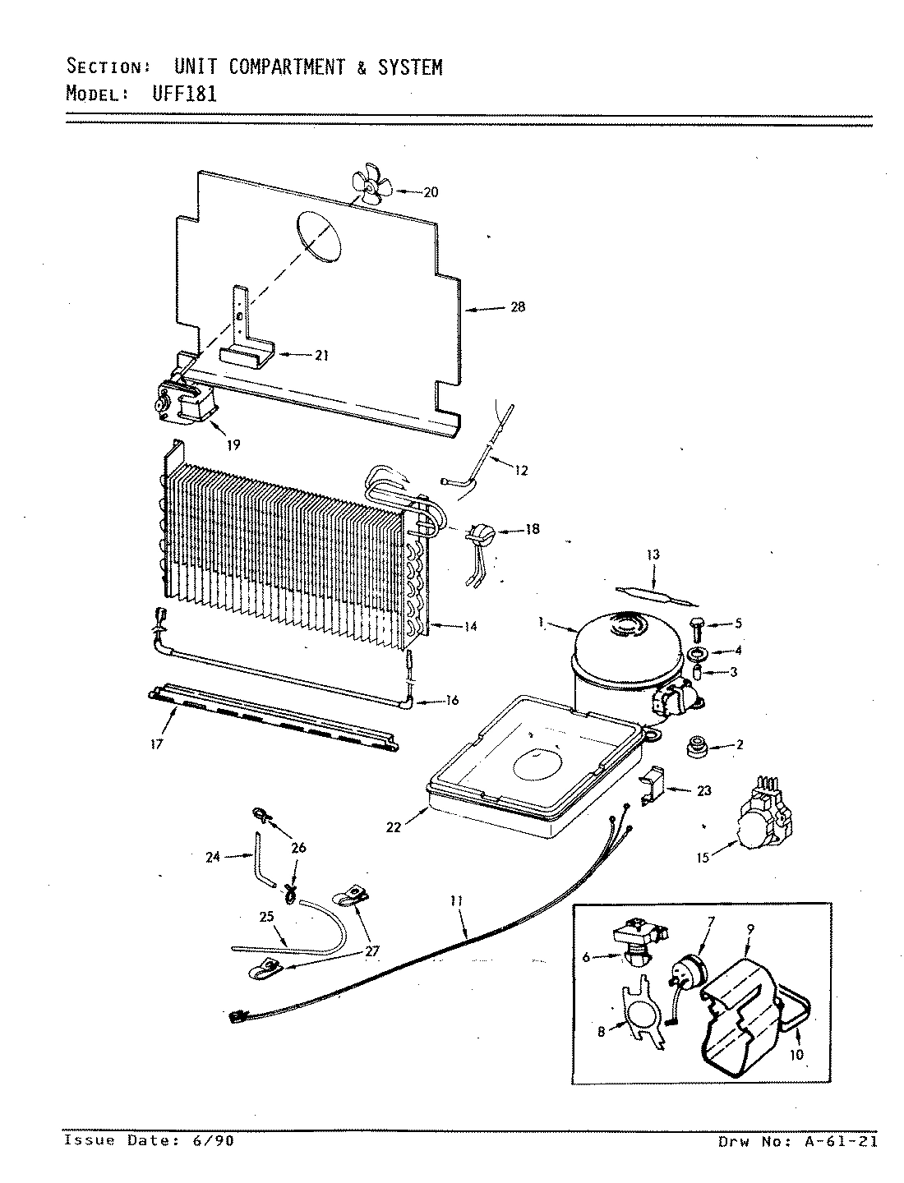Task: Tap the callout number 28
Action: [517, 307]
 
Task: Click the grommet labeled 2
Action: [698, 746]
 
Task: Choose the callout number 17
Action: [157, 744]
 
